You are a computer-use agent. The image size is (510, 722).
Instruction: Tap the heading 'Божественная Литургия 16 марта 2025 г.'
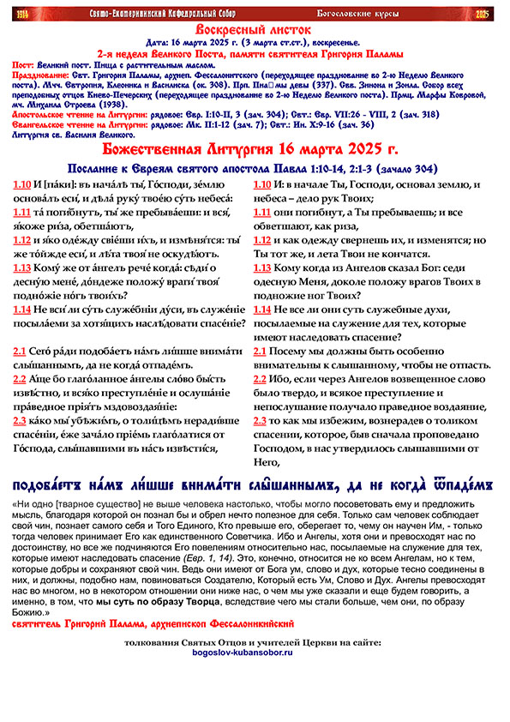tap(255, 151)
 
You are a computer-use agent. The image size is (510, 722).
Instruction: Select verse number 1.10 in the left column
tap(23, 185)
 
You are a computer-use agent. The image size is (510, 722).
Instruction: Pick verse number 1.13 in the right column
tap(266, 268)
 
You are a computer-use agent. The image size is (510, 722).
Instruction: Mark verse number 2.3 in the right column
tap(262, 420)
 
